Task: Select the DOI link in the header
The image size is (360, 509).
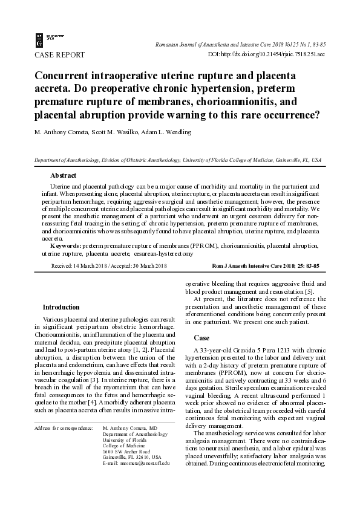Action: tap(266, 54)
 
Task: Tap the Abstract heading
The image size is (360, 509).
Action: tap(63, 175)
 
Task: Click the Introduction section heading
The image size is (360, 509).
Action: tap(61, 307)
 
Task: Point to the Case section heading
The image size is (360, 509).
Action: tap(201, 337)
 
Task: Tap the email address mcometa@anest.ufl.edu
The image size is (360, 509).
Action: tap(136, 462)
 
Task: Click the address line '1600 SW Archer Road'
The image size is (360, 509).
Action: tap(127, 451)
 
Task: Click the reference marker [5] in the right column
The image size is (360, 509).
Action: tap(309, 293)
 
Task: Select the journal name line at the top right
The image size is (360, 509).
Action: tap(240, 45)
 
